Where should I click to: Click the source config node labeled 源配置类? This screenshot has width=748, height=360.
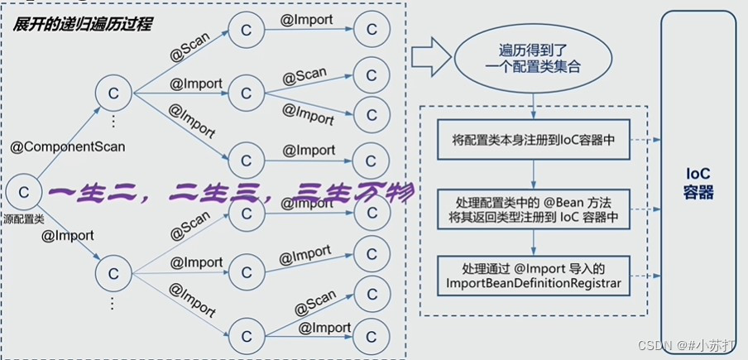coord(24,193)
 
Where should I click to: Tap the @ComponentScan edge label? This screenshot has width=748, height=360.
coord(68,146)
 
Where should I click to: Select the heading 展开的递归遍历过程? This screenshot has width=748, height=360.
coord(82,24)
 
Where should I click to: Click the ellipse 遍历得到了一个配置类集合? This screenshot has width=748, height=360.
coord(533,59)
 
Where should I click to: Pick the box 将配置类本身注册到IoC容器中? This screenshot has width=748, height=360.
coord(534,140)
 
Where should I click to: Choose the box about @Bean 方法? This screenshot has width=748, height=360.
coord(534,209)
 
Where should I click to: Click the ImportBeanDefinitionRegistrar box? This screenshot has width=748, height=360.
coord(534,275)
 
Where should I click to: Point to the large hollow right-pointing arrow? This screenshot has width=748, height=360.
coord(431,57)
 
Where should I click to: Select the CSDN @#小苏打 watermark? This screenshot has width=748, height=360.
coord(689,345)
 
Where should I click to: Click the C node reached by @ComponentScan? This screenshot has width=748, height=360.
coord(113,94)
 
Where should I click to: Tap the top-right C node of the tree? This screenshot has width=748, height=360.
coord(372,29)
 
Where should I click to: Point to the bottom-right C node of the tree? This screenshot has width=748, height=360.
coord(372,336)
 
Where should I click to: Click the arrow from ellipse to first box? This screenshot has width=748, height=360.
coord(534,105)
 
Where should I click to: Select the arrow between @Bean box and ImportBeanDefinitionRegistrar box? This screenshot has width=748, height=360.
coord(534,242)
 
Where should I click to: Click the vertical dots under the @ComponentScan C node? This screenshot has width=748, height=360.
coord(113,122)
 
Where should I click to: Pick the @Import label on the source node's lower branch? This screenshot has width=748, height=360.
coord(67,235)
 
